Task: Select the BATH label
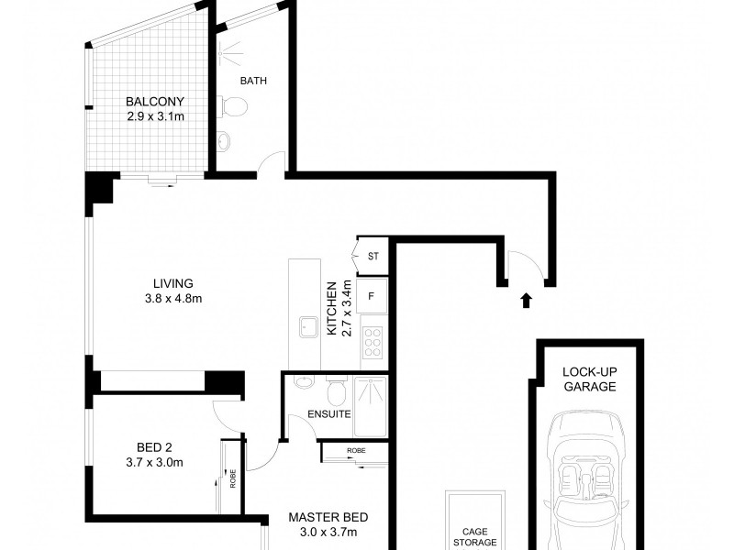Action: click(253, 81)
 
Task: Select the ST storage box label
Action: click(373, 257)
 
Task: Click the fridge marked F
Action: click(372, 296)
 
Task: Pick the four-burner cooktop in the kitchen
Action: click(373, 341)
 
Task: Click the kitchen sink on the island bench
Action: click(305, 327)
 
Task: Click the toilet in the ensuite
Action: click(338, 391)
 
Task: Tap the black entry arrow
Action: click(526, 300)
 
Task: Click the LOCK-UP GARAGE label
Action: click(588, 379)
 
